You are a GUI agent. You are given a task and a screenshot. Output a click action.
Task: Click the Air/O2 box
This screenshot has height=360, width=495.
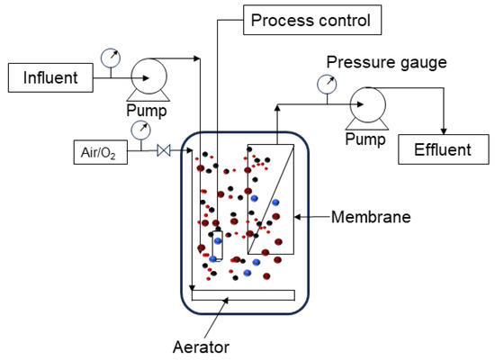[101, 154]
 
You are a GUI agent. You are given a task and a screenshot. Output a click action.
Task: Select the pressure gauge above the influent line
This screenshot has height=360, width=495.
[110, 57]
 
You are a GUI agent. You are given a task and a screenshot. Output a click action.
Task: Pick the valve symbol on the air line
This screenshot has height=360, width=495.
[164, 154]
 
